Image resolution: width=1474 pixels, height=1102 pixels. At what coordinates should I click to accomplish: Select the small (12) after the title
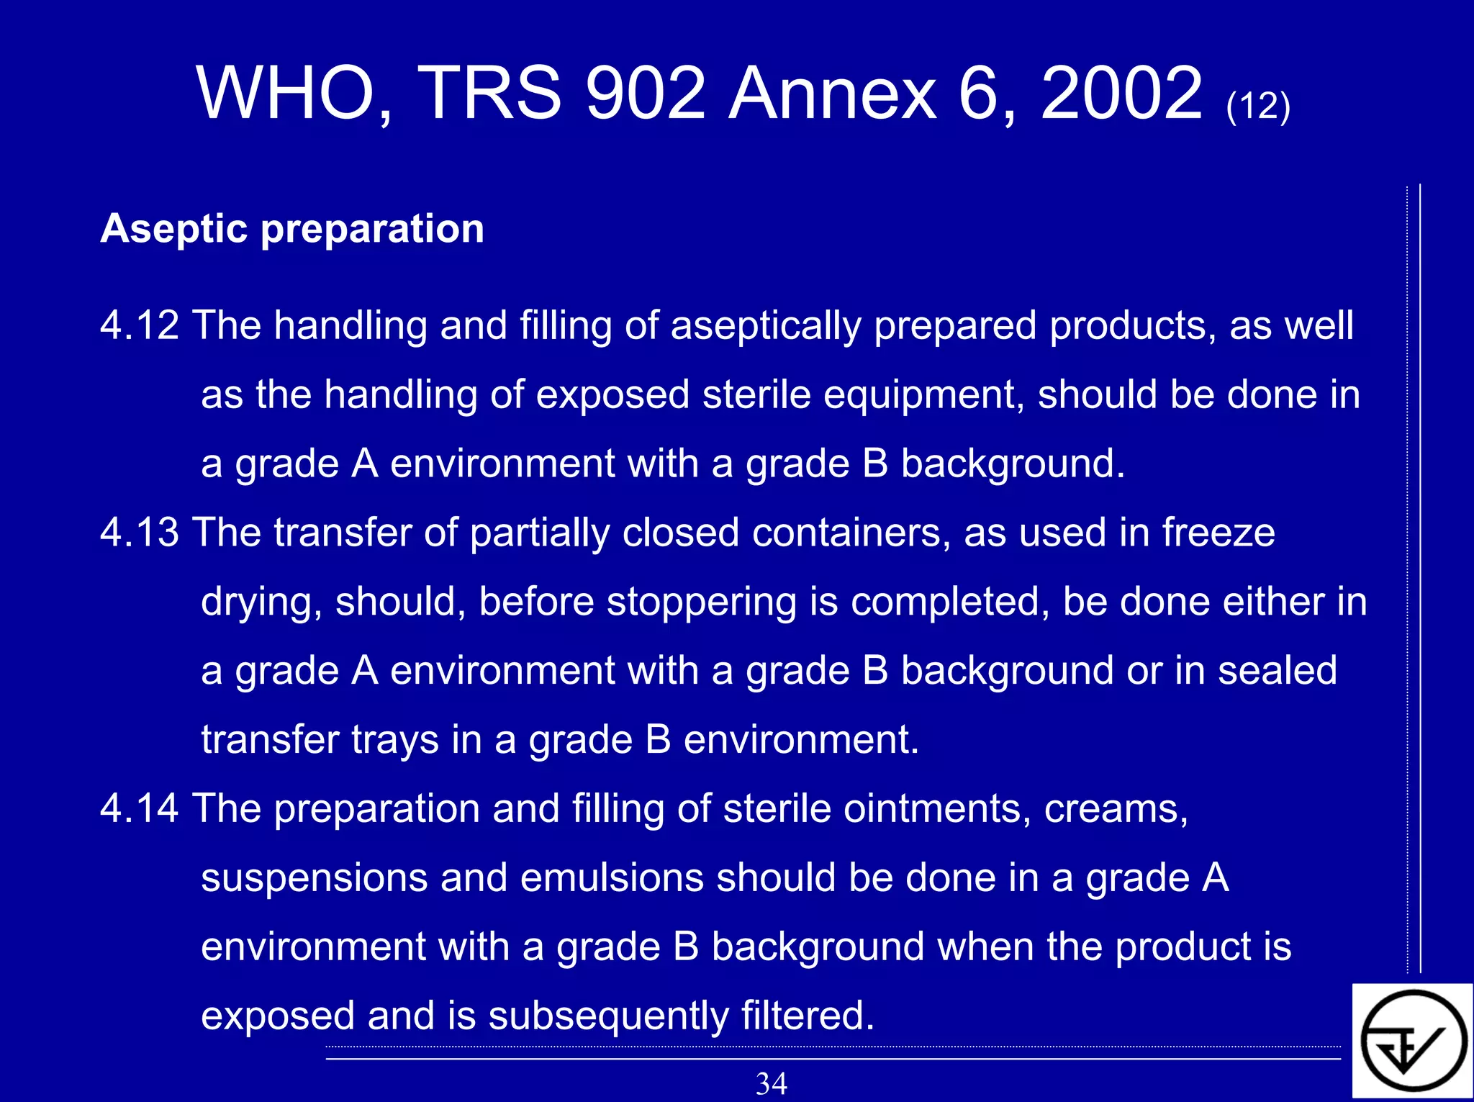coord(1258,106)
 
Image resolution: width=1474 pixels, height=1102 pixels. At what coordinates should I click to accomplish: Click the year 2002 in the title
coord(1121,94)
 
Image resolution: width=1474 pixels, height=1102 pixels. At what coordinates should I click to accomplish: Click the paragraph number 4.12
coord(140,325)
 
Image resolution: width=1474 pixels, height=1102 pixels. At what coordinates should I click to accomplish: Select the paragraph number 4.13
coord(140,533)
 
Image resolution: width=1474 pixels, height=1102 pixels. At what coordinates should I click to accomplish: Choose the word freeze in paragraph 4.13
coord(1218,533)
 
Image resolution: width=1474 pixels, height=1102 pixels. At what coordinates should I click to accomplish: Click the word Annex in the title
coord(832,94)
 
